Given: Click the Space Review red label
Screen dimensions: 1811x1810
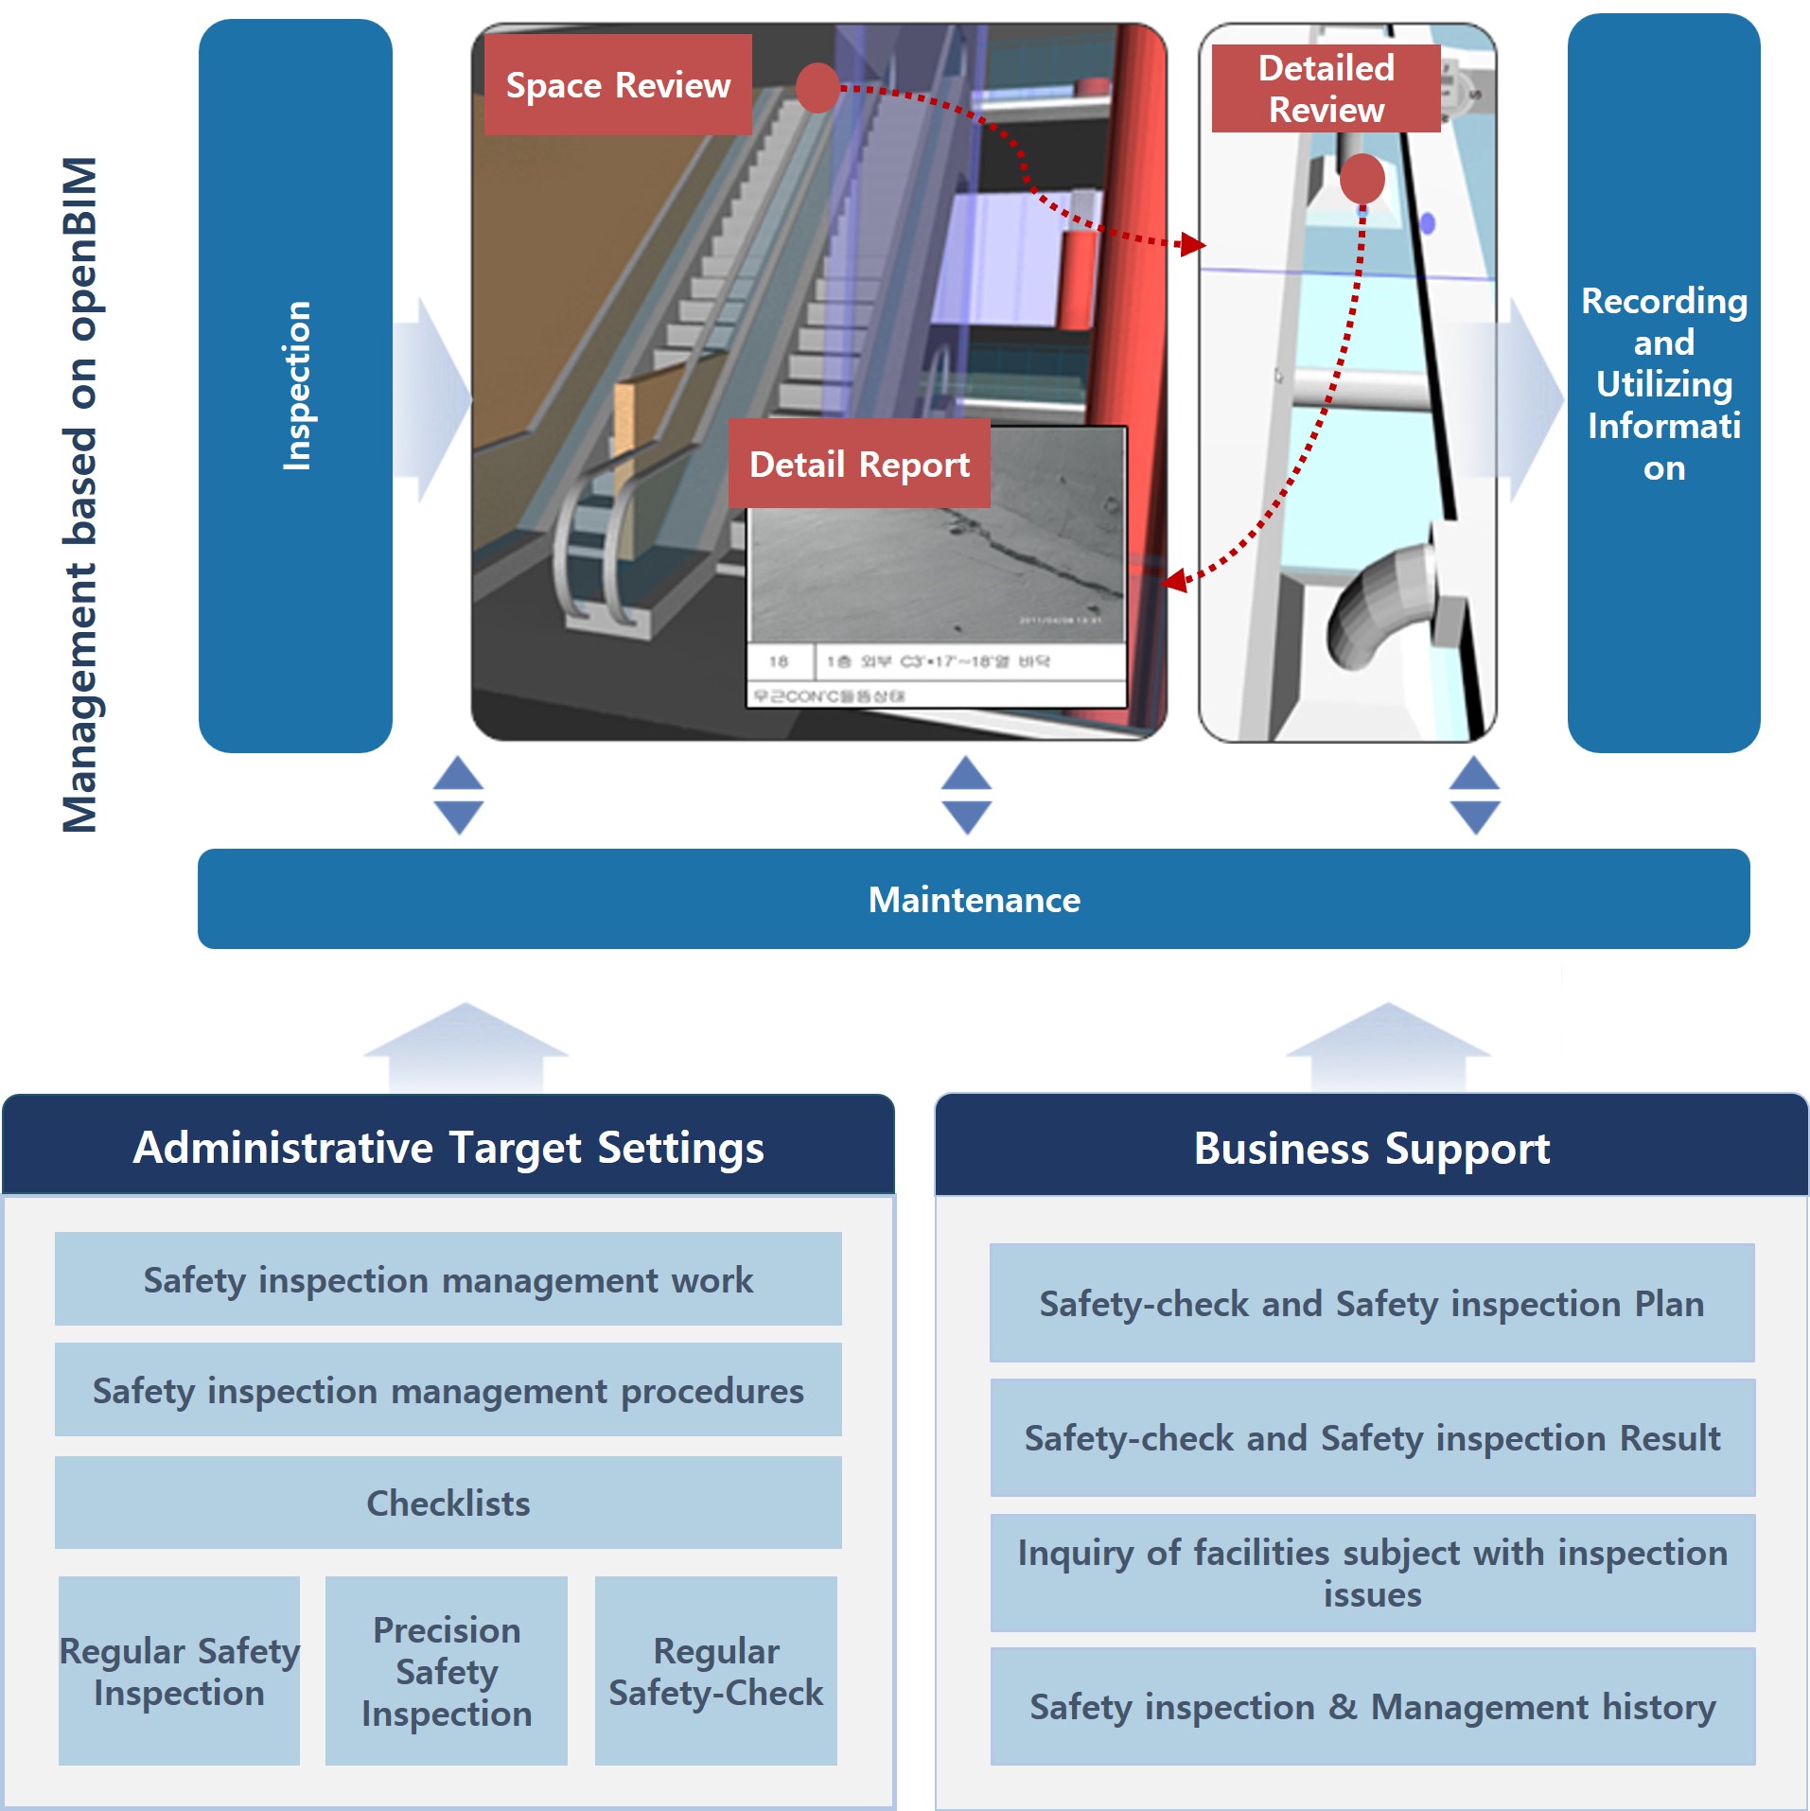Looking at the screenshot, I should coord(618,85).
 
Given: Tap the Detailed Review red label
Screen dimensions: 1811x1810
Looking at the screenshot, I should coord(1326,88).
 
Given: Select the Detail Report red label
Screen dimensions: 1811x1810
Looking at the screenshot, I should coord(859,464).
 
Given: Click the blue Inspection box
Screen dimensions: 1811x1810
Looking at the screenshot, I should coord(295,385).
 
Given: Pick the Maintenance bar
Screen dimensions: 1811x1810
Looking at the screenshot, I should coord(974,899).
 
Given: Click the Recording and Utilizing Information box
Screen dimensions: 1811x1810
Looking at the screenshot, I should coord(1663,383).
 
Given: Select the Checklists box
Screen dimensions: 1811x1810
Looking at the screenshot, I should coord(448,1503).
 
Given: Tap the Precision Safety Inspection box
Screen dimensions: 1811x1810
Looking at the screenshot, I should coord(447,1671).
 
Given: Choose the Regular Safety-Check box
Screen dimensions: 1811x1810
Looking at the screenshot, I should coord(715,1671).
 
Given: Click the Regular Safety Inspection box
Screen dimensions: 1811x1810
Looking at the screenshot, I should coord(179,1671).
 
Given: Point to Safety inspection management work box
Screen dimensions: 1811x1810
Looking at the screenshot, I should coord(448,1279).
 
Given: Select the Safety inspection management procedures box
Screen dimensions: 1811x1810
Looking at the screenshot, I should coord(448,1390).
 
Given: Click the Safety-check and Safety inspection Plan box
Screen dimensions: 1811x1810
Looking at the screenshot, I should coord(1372,1303).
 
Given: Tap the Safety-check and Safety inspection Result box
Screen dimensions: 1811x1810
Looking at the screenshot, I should coord(1372,1437).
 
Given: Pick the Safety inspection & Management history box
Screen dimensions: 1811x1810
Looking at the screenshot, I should coord(1372,1706).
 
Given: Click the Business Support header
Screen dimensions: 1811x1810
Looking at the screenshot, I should coord(1372,1148).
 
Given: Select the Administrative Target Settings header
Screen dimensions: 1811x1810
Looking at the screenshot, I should coord(448,1147).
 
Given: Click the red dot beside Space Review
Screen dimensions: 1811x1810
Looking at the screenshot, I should coord(817,88).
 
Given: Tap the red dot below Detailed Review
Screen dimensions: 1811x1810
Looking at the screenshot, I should coord(1362,179).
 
